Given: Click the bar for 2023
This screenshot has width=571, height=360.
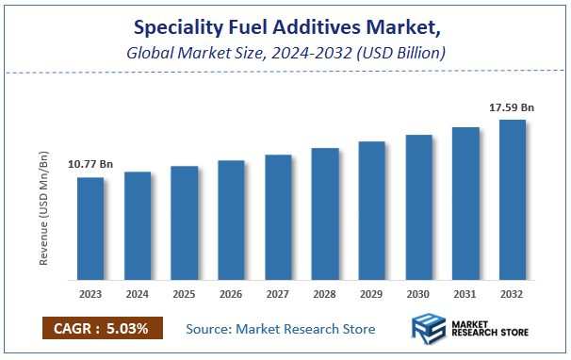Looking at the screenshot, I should [x=90, y=229].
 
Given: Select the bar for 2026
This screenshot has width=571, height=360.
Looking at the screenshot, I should [x=231, y=221].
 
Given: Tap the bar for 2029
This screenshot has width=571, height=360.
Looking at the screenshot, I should [x=372, y=211].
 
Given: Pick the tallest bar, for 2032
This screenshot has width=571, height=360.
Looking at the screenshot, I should [x=513, y=200].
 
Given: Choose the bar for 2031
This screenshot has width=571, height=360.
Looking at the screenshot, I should [x=465, y=204].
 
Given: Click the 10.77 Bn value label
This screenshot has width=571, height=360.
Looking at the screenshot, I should [x=90, y=165].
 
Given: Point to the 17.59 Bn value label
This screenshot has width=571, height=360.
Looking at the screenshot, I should [x=512, y=107].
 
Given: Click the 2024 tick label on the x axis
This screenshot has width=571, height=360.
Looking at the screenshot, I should [x=138, y=294].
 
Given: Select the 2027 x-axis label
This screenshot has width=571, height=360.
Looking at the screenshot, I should [x=278, y=294].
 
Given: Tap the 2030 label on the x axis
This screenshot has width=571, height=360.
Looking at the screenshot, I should [x=418, y=294].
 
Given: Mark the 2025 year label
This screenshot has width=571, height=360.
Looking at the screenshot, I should [x=185, y=294].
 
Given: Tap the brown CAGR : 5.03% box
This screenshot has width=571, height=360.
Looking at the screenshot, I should [x=102, y=328].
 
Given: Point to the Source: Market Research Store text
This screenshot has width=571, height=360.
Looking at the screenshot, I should [x=281, y=329].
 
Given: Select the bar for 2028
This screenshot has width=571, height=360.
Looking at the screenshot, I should [x=325, y=214].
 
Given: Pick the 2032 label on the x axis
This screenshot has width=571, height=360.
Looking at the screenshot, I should [x=513, y=294].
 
